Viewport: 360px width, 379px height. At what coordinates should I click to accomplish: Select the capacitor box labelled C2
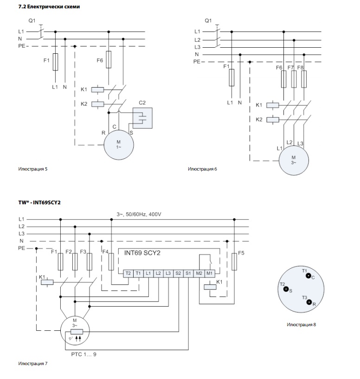143,118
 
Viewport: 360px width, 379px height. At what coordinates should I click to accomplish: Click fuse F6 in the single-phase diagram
109,60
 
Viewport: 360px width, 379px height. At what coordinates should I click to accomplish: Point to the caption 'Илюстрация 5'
32,169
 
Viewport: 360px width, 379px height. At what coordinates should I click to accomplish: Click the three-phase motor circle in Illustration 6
293,161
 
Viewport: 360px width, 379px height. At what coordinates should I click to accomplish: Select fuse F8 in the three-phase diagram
303,79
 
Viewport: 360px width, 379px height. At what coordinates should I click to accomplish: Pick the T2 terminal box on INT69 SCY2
128,274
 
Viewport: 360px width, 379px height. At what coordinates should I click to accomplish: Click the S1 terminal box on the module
188,274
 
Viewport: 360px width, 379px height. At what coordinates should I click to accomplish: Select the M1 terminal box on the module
209,274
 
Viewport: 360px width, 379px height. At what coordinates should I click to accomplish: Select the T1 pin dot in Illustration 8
308,276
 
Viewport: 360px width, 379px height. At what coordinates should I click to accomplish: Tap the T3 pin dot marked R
309,302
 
